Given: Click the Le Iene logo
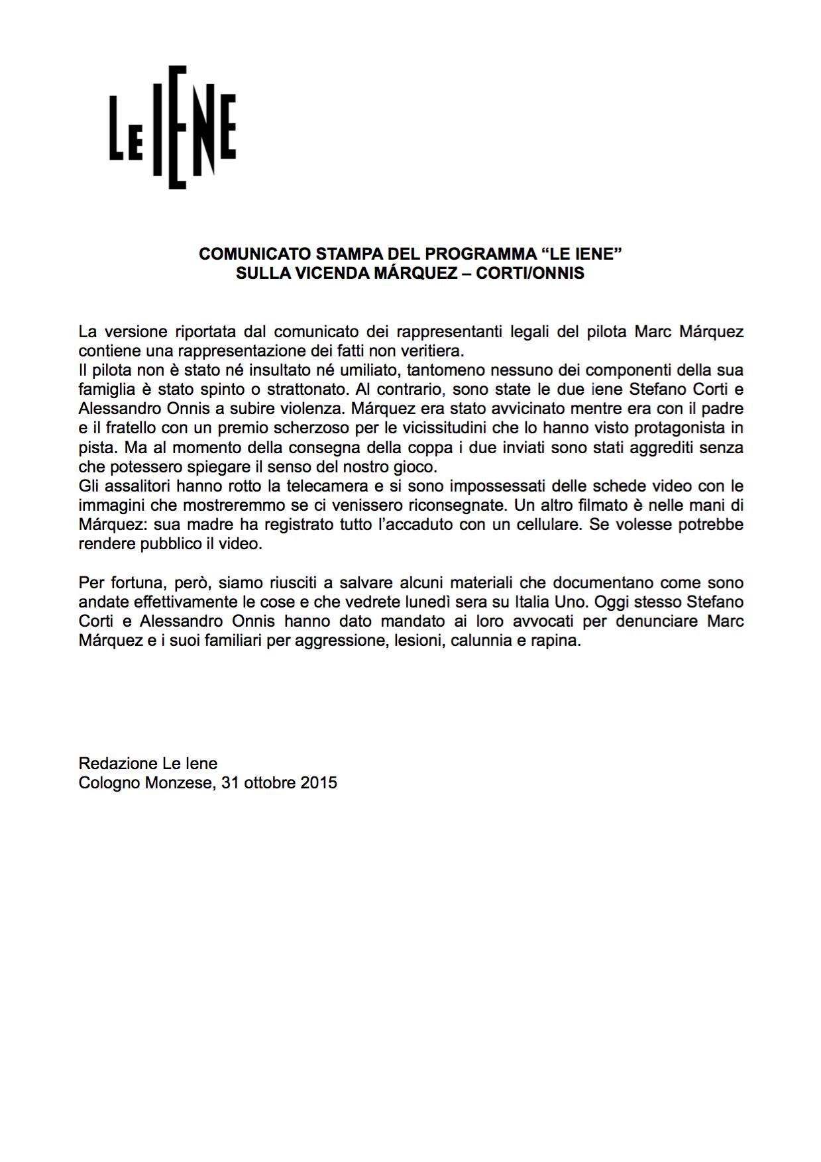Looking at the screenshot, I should tap(173, 128).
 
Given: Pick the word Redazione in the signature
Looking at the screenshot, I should tap(117, 764).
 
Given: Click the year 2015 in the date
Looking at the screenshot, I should tap(319, 783).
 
